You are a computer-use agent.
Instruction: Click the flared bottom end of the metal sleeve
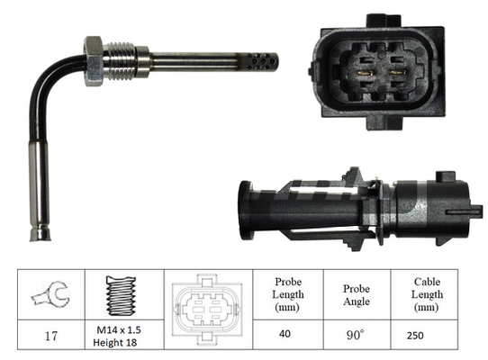click(42, 235)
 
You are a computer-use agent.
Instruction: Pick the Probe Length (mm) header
click(288, 294)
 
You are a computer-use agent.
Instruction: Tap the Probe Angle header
click(357, 294)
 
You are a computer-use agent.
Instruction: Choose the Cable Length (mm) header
click(424, 294)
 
